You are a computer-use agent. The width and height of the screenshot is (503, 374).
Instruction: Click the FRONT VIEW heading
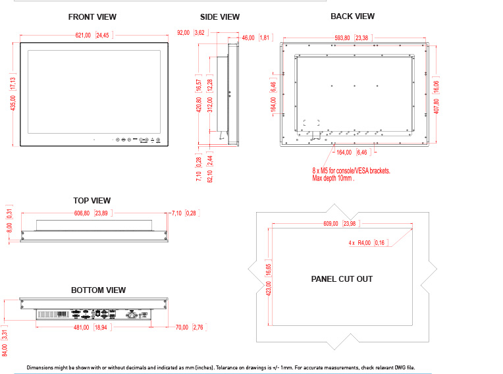92,17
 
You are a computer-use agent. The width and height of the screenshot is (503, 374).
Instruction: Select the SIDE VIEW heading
220,17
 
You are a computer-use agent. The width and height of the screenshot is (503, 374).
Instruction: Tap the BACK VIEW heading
352,16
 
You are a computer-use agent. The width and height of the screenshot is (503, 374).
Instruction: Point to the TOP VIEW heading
92,201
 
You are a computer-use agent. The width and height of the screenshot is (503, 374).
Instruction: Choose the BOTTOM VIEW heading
98,290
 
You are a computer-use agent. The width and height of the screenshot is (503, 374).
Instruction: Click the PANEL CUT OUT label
342,279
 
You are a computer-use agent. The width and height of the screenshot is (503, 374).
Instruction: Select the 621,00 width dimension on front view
83,36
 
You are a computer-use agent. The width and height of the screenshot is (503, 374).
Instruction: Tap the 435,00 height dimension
13,103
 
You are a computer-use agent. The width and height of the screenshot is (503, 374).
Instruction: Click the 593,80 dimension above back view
342,38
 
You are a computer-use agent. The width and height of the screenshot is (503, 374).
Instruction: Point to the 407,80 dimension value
437,106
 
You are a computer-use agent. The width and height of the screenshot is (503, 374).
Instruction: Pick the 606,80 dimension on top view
82,213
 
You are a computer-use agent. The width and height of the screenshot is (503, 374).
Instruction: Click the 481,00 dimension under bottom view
82,327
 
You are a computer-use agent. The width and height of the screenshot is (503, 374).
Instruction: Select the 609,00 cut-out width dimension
331,224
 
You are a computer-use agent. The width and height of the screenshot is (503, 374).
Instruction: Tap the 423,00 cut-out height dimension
269,288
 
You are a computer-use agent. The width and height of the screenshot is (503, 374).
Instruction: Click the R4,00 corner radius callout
364,243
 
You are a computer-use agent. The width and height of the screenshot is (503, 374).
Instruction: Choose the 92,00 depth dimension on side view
184,33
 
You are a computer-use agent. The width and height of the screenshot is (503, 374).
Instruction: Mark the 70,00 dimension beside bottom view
182,327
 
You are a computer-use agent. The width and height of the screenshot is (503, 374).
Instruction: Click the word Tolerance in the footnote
227,367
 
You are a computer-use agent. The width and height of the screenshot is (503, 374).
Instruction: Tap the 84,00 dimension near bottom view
5,350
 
